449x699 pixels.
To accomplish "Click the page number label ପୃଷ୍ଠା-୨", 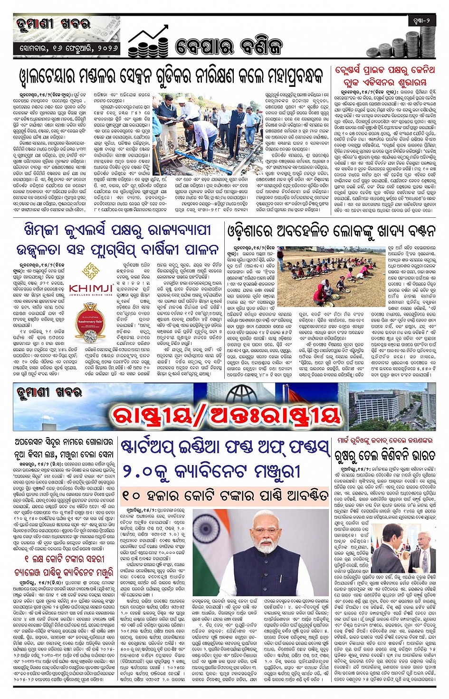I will (x=421, y=20).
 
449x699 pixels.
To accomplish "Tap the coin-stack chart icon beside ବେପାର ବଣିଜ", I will (x=148, y=42).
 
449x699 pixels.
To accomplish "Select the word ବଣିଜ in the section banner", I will (x=261, y=47).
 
